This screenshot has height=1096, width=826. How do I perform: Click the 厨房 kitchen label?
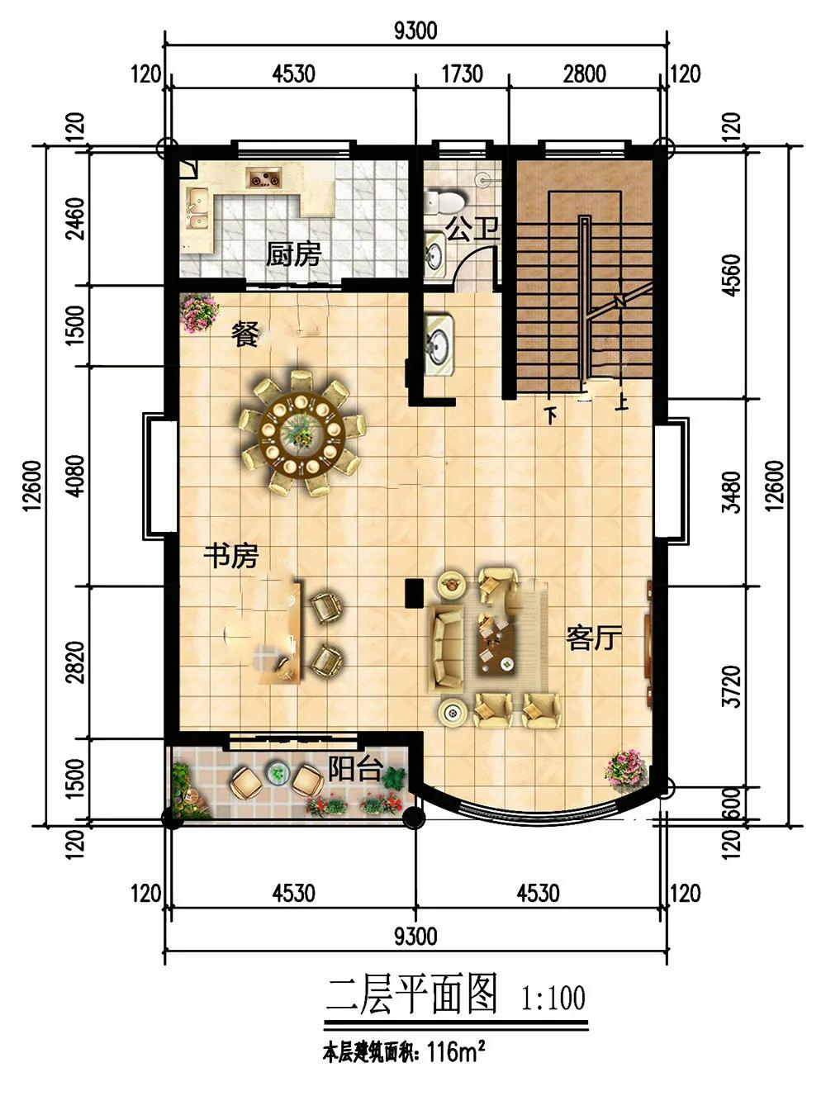[292, 254]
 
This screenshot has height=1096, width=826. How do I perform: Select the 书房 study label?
[230, 556]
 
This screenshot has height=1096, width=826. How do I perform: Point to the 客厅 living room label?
[593, 638]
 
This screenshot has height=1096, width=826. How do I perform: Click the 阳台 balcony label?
[355, 769]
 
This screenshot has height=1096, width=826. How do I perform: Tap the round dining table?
[301, 433]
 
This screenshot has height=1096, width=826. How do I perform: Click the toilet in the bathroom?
[446, 202]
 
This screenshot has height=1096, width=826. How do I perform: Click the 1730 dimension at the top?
[462, 74]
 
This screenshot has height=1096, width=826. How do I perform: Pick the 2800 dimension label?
[584, 74]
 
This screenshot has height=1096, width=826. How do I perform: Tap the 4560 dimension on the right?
[732, 275]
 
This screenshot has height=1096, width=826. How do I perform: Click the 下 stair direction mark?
[550, 415]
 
